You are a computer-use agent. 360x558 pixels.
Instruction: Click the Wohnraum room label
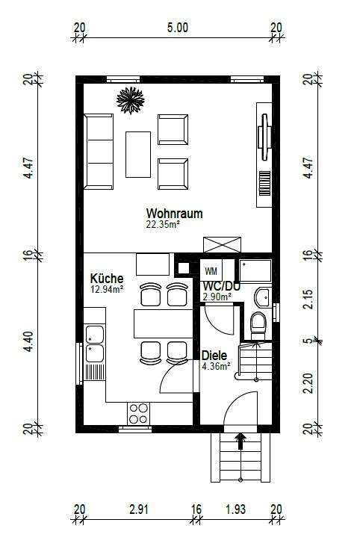click(174, 214)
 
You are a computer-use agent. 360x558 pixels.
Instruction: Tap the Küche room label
click(107, 279)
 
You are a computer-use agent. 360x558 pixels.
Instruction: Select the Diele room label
click(214, 356)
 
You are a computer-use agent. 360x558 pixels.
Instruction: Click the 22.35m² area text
click(162, 224)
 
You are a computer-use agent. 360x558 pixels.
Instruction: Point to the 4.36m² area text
click(216, 366)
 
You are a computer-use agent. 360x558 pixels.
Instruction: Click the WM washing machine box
click(211, 271)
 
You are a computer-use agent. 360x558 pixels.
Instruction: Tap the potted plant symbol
click(130, 100)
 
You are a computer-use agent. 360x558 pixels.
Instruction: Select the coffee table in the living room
click(138, 155)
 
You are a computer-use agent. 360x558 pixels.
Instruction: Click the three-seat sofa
click(99, 152)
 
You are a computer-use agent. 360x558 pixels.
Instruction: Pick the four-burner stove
click(138, 414)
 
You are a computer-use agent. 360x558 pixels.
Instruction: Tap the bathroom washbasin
click(262, 297)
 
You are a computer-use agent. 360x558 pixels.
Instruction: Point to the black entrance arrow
click(240, 441)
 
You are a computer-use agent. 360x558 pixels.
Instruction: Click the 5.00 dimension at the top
click(178, 28)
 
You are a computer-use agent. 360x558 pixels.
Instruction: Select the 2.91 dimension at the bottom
click(138, 509)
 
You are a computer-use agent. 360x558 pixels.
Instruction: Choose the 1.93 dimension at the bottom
click(235, 509)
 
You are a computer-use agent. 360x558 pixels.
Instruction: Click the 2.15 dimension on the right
click(308, 300)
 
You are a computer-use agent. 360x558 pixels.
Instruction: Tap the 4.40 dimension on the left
click(28, 341)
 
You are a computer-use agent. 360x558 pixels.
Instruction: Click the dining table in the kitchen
click(163, 324)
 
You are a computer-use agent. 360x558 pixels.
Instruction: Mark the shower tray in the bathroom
click(255, 271)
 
